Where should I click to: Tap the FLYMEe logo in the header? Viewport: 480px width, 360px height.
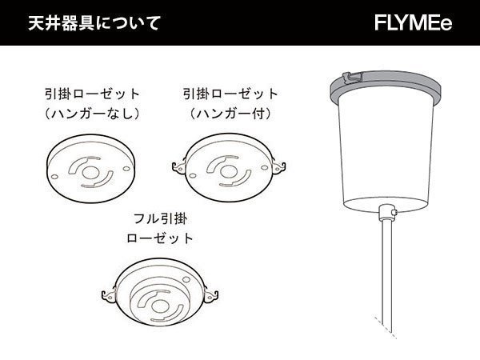[x=413, y=22]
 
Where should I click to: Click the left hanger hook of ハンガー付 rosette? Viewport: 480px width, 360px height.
[x=178, y=166]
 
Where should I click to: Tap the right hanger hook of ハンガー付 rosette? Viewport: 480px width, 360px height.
[x=280, y=166]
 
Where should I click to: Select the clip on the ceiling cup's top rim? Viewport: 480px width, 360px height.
[x=346, y=78]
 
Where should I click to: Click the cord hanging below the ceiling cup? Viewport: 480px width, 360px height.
[x=387, y=272]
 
